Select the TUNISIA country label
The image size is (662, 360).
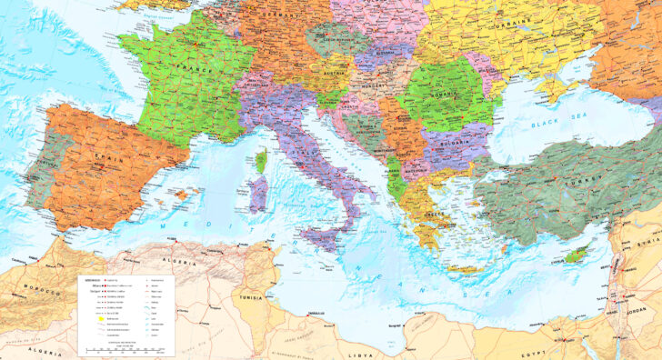(252, 297)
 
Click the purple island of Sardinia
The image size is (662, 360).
(256, 195)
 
